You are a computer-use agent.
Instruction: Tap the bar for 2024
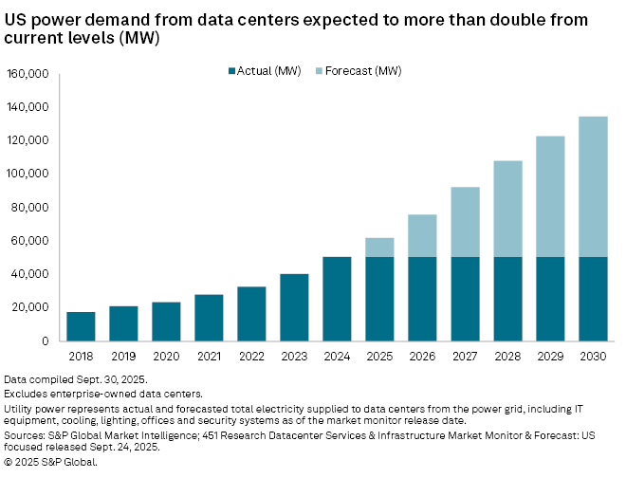[337, 299]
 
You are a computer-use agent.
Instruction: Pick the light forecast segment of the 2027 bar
[465, 222]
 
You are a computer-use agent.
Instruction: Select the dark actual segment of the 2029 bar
[550, 299]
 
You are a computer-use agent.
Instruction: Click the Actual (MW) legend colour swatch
[232, 70]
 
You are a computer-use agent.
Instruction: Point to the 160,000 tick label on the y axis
[28, 74]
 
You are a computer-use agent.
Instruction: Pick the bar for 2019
[123, 323]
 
